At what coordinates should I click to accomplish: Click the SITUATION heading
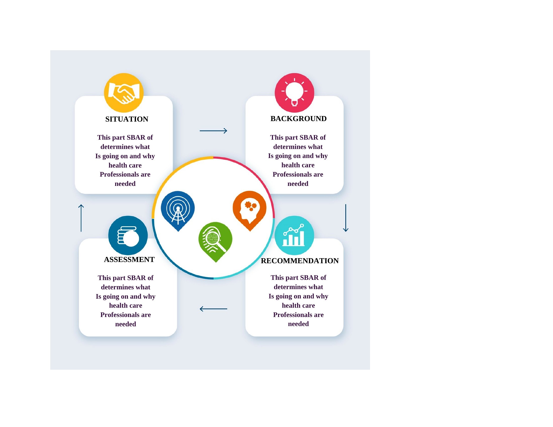pyautogui.click(x=127, y=119)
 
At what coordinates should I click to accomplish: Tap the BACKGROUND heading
pyautogui.click(x=299, y=119)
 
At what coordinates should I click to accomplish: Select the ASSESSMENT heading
pyautogui.click(x=129, y=259)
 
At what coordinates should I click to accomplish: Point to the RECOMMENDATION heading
pyautogui.click(x=300, y=261)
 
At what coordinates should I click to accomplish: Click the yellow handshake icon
pyautogui.click(x=124, y=93)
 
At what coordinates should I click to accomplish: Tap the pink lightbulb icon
pyautogui.click(x=295, y=93)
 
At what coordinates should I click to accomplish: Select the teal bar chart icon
pyautogui.click(x=294, y=236)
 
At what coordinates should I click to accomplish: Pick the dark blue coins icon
pyautogui.click(x=128, y=236)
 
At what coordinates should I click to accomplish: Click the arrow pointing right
pyautogui.click(x=213, y=131)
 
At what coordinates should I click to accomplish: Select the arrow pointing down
pyautogui.click(x=346, y=218)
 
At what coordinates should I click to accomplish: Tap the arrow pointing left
pyautogui.click(x=213, y=309)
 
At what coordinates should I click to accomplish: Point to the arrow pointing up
pyautogui.click(x=81, y=218)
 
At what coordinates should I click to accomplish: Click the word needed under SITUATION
pyautogui.click(x=125, y=184)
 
